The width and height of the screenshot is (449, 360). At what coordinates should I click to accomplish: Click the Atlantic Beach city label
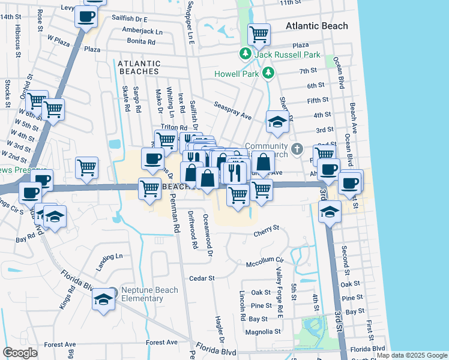pyautogui.click(x=316, y=26)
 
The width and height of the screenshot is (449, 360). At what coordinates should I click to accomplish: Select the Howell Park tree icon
pyautogui.click(x=268, y=74)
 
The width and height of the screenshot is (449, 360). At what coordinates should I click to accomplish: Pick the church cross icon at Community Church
pyautogui.click(x=297, y=148)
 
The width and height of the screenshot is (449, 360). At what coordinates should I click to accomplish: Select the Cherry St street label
pyautogui.click(x=267, y=228)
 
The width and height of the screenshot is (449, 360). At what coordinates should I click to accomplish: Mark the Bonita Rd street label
pyautogui.click(x=141, y=41)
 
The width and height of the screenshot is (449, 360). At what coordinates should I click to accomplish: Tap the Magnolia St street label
pyautogui.click(x=263, y=331)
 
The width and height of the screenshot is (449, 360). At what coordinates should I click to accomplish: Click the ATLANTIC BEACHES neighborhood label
pyautogui.click(x=139, y=67)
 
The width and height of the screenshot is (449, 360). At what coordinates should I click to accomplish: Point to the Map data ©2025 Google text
pyautogui.click(x=411, y=355)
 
